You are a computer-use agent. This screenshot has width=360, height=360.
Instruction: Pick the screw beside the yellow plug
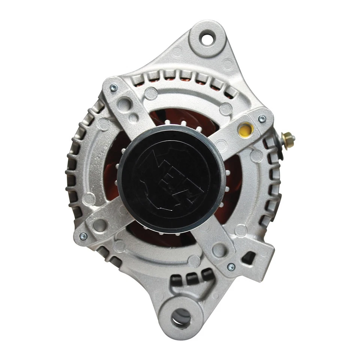point(262,119)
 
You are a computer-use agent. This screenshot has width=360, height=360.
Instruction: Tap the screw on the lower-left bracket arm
point(83,236)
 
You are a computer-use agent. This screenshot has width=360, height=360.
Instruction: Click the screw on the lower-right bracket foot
point(231,267)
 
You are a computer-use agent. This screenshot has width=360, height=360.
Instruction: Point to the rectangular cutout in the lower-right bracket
point(249,258)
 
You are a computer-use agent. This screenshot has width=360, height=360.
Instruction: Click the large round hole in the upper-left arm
point(126,104)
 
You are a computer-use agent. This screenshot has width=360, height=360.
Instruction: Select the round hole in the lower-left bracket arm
point(100,225)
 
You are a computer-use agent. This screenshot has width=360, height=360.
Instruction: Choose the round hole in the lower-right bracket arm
point(219,249)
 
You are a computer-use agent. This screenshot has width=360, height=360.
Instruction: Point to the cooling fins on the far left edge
point(73,172)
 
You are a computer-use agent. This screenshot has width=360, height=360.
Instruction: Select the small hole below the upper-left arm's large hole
point(132,117)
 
